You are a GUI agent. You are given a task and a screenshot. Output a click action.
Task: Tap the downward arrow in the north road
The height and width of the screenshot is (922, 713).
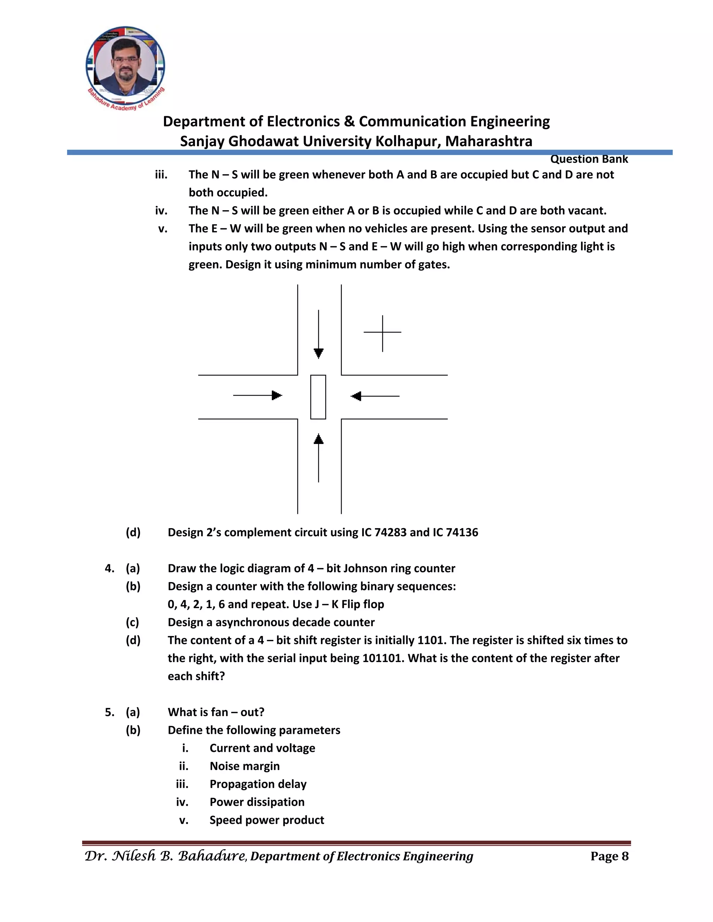(x=319, y=335)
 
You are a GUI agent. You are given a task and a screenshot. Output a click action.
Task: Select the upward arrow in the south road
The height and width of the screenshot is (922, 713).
(x=319, y=458)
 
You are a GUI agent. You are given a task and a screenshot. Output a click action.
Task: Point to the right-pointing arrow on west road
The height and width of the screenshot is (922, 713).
(x=258, y=396)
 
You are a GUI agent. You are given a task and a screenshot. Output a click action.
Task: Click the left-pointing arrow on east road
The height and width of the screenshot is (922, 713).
(x=375, y=396)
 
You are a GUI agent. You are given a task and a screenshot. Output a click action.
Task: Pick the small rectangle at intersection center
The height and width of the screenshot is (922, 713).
(x=318, y=397)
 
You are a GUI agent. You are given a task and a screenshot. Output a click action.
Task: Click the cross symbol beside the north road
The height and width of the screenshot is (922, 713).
(x=382, y=333)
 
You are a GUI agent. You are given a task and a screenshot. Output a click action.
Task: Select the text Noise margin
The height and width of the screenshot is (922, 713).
(x=244, y=766)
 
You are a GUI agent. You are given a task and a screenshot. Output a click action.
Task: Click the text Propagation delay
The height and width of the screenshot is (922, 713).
(x=258, y=784)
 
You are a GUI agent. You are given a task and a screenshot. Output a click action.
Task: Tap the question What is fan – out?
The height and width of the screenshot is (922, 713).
(x=216, y=712)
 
